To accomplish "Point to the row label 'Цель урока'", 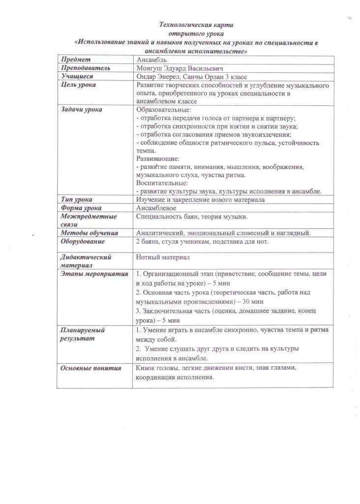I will (79, 85).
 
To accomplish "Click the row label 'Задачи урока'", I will (82, 109).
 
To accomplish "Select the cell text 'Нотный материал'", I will (163, 257).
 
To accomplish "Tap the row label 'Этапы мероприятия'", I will (93, 273).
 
